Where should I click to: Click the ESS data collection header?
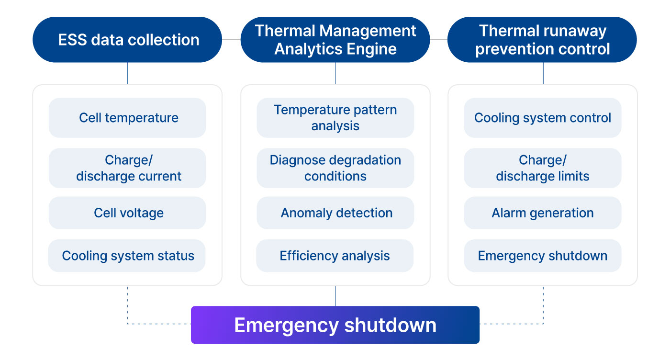click(x=127, y=40)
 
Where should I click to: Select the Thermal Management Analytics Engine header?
click(x=335, y=40)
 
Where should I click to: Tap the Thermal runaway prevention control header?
click(x=542, y=40)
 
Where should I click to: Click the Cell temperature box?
click(x=127, y=118)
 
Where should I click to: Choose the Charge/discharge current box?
click(x=127, y=168)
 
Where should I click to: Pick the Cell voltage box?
click(x=127, y=213)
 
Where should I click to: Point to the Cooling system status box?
click(x=127, y=256)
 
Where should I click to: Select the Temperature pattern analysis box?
click(x=335, y=118)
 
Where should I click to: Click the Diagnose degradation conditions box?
click(x=335, y=168)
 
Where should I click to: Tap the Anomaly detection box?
click(x=335, y=213)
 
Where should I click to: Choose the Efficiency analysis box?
click(x=335, y=256)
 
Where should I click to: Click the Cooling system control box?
click(x=543, y=118)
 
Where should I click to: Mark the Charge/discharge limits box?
click(x=543, y=168)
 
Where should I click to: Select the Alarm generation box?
click(x=543, y=213)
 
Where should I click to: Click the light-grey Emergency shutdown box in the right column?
click(x=543, y=256)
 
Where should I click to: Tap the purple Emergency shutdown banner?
click(x=335, y=325)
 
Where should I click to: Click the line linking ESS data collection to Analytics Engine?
click(x=231, y=40)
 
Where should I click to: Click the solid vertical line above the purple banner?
click(x=335, y=296)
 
